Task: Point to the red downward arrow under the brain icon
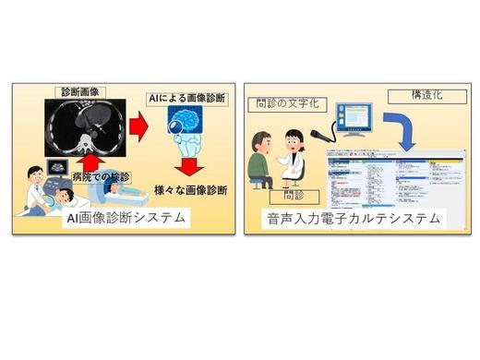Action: click(192, 167)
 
